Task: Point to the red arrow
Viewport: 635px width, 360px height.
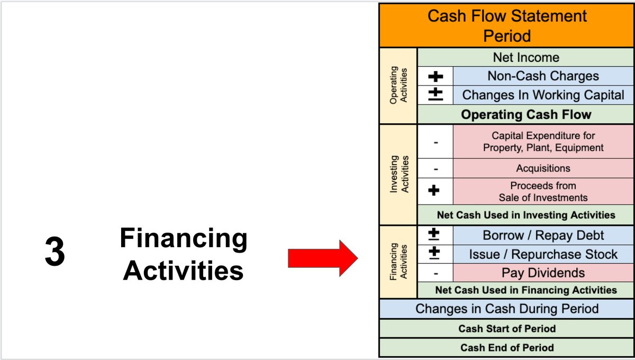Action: click(x=323, y=258)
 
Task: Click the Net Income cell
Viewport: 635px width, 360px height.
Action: click(x=525, y=57)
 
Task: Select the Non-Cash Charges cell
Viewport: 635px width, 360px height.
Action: click(x=543, y=76)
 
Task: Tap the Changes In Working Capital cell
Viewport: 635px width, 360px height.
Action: click(x=543, y=95)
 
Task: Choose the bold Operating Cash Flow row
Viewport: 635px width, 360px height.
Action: click(x=525, y=114)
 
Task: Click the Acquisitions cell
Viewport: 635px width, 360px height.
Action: click(x=543, y=168)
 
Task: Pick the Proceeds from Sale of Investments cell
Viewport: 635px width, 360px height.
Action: click(x=543, y=192)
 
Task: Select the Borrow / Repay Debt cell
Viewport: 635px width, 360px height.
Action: click(x=543, y=235)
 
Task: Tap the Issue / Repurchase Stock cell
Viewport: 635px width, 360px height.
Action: click(x=543, y=254)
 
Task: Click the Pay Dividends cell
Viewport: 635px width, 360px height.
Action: click(x=543, y=273)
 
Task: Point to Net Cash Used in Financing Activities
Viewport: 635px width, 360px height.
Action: click(x=525, y=290)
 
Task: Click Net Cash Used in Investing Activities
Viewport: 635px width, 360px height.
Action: click(x=525, y=215)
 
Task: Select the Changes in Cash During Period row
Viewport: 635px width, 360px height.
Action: click(x=506, y=309)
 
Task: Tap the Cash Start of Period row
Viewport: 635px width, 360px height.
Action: click(x=506, y=329)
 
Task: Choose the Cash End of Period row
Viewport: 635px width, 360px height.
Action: click(x=506, y=348)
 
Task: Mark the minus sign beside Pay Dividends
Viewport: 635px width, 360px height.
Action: click(x=435, y=273)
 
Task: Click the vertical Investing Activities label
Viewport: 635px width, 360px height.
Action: click(x=398, y=174)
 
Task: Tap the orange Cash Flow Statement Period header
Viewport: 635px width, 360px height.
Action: click(x=506, y=26)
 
